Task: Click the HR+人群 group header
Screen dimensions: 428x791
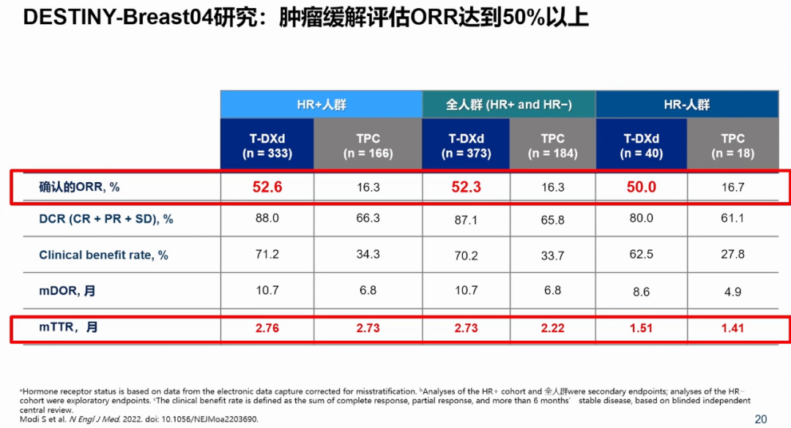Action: (322, 104)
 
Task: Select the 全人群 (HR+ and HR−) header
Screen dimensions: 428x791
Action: (509, 104)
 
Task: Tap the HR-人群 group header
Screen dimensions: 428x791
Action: (687, 104)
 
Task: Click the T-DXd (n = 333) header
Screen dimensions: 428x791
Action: (267, 146)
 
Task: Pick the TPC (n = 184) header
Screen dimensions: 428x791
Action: (552, 146)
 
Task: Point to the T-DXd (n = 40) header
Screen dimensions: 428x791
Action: (642, 146)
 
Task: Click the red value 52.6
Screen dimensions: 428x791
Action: (267, 187)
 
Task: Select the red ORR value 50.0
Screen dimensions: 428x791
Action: (642, 187)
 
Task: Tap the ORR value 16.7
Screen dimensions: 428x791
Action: (732, 187)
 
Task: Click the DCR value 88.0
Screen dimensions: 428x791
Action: (267, 219)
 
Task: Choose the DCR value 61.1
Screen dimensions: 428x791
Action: (732, 219)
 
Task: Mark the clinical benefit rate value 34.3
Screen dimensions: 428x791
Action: (368, 255)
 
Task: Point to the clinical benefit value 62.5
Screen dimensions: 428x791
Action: (642, 255)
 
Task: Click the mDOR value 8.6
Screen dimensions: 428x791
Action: (642, 291)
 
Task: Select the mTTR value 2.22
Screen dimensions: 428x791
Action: (552, 328)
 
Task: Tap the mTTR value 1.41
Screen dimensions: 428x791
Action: (732, 328)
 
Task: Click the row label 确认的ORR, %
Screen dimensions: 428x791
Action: (79, 187)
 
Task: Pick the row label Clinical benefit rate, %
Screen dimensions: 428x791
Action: (103, 255)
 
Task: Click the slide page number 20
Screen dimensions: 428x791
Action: (761, 418)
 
